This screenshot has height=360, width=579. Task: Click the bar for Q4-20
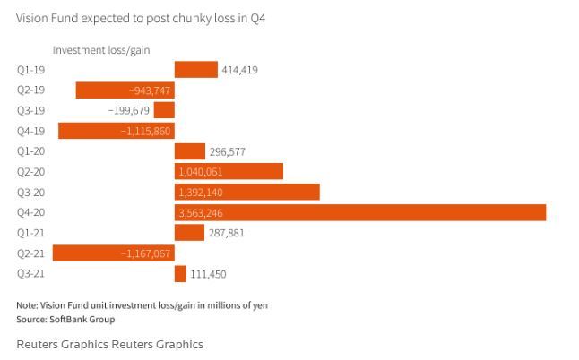pos(359,212)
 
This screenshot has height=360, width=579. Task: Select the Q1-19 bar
pos(195,70)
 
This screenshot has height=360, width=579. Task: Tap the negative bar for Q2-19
pos(124,90)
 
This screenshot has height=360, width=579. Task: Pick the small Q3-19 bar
pos(164,110)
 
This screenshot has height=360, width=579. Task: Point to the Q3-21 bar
pos(180,274)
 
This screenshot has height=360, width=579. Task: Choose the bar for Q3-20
pos(246,192)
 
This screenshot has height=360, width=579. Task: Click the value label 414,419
pos(239,70)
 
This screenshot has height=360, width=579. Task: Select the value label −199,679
pos(128,110)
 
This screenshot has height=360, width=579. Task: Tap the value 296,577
pos(227,151)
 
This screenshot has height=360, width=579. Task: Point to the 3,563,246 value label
pos(201,212)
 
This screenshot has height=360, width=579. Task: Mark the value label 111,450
pos(208,274)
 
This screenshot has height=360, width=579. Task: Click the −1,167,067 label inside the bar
pos(145,253)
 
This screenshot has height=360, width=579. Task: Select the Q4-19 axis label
pos(30,131)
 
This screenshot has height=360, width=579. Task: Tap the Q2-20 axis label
pos(30,172)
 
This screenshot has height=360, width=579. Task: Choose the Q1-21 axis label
pos(30,233)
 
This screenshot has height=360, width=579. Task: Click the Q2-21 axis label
pos(30,253)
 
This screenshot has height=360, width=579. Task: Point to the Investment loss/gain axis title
pos(100,50)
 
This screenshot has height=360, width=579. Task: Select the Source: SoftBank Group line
pos(65,319)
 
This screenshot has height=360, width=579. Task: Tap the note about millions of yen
pos(142,305)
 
